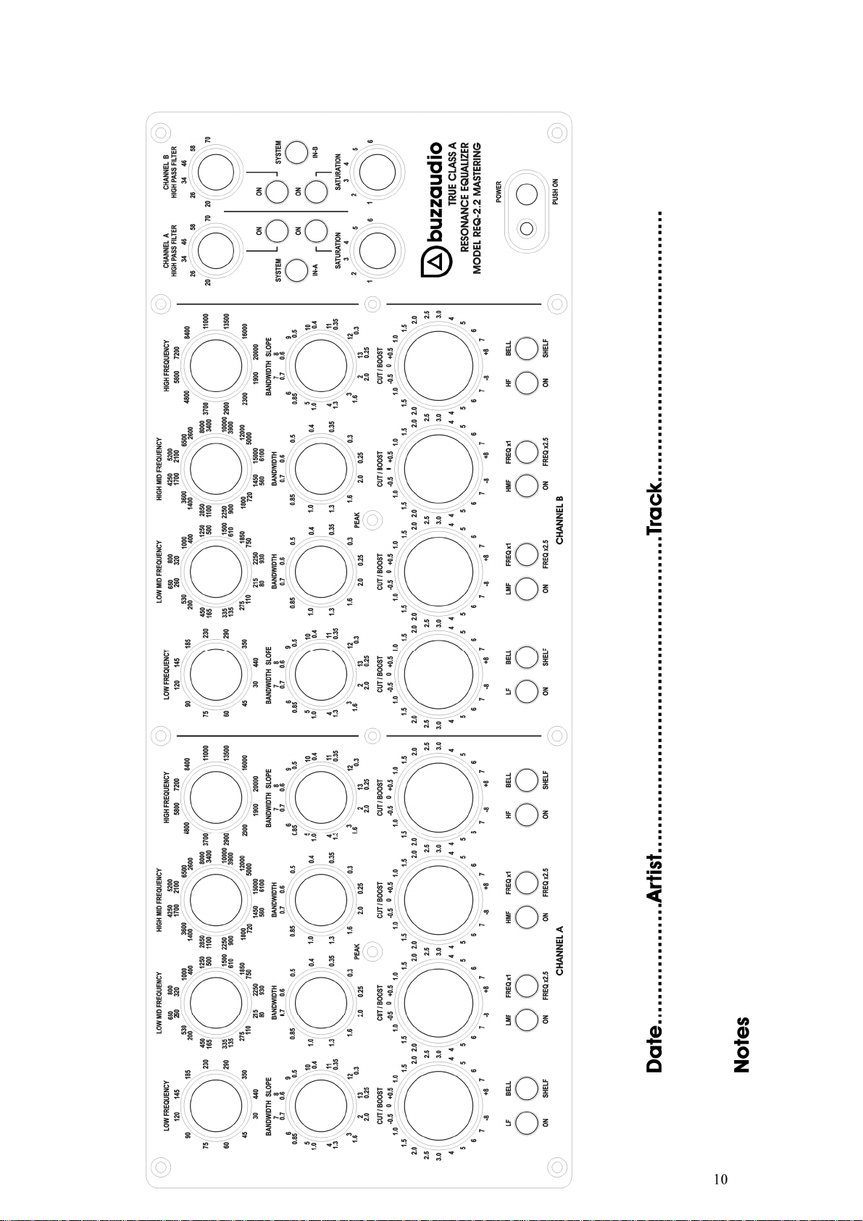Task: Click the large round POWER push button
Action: (x=527, y=194)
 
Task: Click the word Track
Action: (x=655, y=512)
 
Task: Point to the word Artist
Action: (x=655, y=878)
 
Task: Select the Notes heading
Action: (x=741, y=1045)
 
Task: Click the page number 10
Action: (x=720, y=1180)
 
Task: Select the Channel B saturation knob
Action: (x=378, y=172)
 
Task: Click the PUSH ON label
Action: (x=555, y=191)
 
